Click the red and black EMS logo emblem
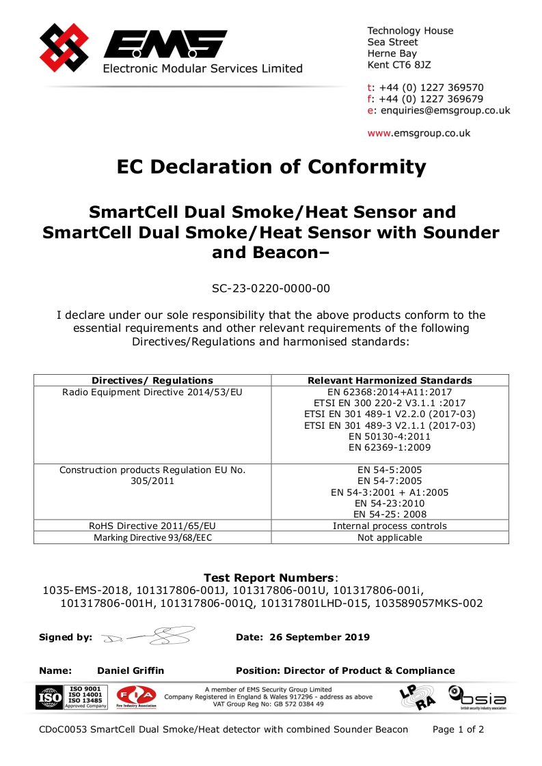pos(64,48)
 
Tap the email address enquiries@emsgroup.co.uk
pos(445,111)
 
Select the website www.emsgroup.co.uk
pos(419,133)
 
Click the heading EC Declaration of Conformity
pos(271,167)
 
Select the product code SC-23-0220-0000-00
pos(271,288)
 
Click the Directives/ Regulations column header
pos(152,380)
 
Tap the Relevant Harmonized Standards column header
pos(390,380)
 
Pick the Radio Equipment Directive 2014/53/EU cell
pos(152,392)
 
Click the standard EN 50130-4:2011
pos(390,436)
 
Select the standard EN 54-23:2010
pos(390,503)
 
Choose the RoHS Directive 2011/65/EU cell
pos(152,526)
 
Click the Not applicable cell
pos(390,537)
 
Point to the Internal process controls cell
pos(390,526)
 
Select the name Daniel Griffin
pos(131,670)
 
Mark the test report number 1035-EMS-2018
pos(87,590)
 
